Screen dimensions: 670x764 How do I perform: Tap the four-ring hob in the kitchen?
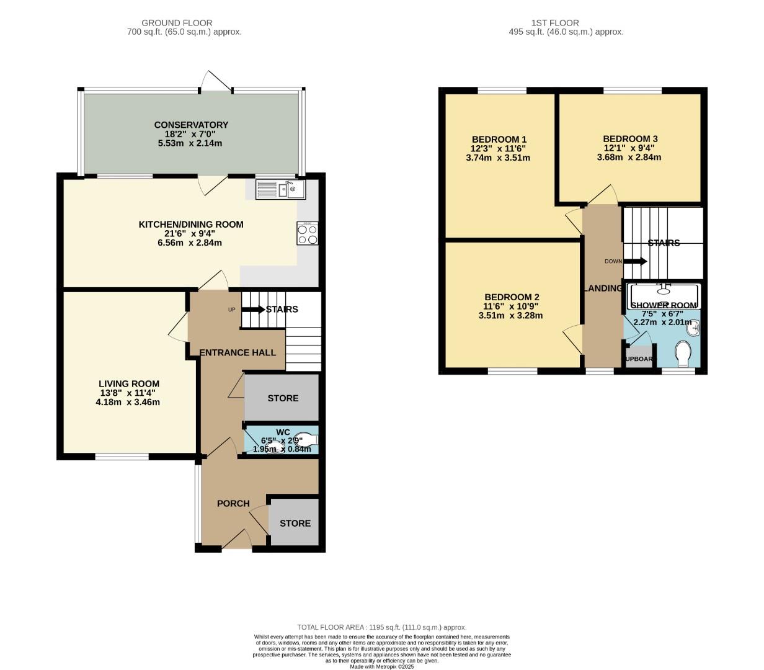pyautogui.click(x=308, y=234)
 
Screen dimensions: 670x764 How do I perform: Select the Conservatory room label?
pyautogui.click(x=191, y=125)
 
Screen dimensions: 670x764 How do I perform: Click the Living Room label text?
pyautogui.click(x=129, y=383)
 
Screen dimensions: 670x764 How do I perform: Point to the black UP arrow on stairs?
pyautogui.click(x=253, y=309)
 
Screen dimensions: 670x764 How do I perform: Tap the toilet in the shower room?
pyautogui.click(x=683, y=355)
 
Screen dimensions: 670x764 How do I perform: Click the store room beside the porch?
pyautogui.click(x=295, y=523)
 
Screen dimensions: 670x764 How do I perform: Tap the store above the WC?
pyautogui.click(x=282, y=398)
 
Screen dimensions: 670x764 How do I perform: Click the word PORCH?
pyautogui.click(x=233, y=503)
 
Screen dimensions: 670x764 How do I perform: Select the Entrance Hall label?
pyautogui.click(x=238, y=352)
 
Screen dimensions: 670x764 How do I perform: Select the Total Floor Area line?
pyautogui.click(x=381, y=627)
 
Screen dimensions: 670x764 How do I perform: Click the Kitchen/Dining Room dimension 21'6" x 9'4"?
pyautogui.click(x=190, y=234)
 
